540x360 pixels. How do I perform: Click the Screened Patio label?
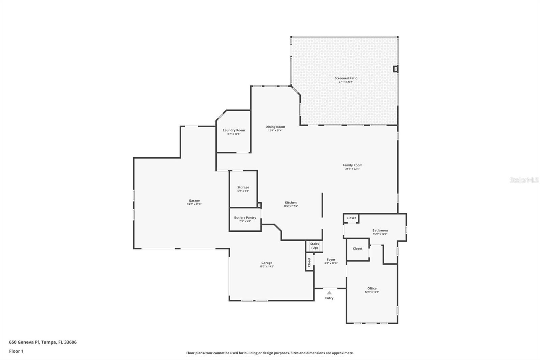pyautogui.click(x=346, y=78)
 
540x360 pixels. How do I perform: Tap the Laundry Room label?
pyautogui.click(x=234, y=130)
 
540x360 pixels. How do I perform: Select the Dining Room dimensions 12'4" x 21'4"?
pyautogui.click(x=275, y=131)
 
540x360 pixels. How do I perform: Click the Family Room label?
pyautogui.click(x=352, y=165)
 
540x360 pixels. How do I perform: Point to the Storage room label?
pyautogui.click(x=243, y=187)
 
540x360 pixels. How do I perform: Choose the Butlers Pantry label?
pyautogui.click(x=245, y=217)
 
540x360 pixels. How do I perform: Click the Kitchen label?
pyautogui.click(x=291, y=203)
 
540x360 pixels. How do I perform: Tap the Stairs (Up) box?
pyautogui.click(x=314, y=246)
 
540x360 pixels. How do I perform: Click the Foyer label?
pyautogui.click(x=331, y=260)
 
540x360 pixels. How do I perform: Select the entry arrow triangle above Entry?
pyautogui.click(x=329, y=293)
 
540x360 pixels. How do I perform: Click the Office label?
pyautogui.click(x=372, y=288)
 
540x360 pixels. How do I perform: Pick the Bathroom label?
pyautogui.click(x=380, y=230)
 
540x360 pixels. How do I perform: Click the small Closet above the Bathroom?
pyautogui.click(x=351, y=218)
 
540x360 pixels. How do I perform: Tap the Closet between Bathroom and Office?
pyautogui.click(x=357, y=249)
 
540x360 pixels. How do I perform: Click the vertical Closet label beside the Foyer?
pyautogui.click(x=309, y=262)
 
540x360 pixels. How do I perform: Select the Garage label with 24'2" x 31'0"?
pyautogui.click(x=194, y=201)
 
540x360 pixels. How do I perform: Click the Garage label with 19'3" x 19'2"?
pyautogui.click(x=267, y=263)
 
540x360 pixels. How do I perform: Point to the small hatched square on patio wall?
pyautogui.click(x=396, y=69)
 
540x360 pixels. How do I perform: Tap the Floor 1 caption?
pyautogui.click(x=16, y=351)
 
